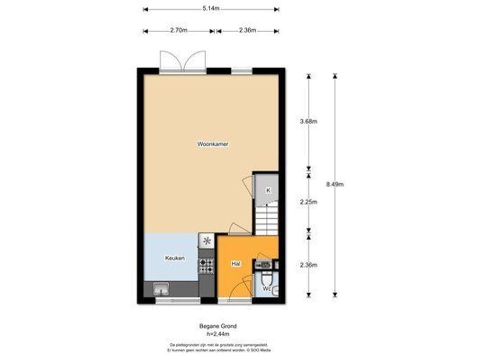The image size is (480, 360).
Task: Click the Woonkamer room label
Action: tap(213, 143)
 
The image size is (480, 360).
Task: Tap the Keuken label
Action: tap(175, 258)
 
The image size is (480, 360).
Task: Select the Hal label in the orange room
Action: tap(234, 263)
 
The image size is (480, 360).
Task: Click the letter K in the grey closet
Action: tap(268, 190)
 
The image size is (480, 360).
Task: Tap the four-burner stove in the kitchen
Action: tap(206, 265)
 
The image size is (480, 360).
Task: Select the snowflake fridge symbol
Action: tap(206, 241)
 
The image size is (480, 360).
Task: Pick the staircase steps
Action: tap(267, 217)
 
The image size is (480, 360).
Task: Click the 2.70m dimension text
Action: tap(179, 30)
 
